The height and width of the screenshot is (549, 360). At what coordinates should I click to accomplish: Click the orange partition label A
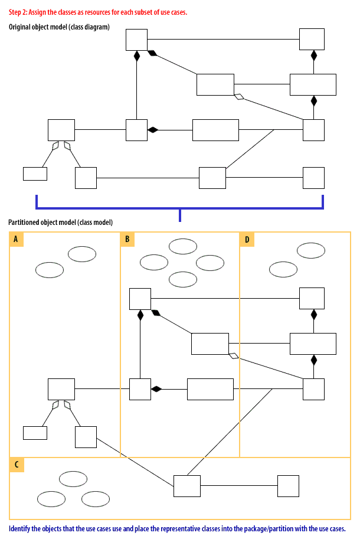click(17, 239)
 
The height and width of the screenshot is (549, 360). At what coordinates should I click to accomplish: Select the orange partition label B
click(127, 239)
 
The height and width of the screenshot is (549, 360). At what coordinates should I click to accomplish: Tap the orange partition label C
click(17, 465)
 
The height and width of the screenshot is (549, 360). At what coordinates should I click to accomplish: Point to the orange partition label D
click(247, 239)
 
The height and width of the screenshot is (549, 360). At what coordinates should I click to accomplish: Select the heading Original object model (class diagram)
click(59, 27)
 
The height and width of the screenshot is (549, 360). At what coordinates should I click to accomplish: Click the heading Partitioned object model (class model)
click(61, 222)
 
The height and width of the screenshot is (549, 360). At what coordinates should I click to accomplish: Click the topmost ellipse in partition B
click(183, 246)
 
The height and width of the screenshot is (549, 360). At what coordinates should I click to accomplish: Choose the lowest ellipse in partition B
click(183, 279)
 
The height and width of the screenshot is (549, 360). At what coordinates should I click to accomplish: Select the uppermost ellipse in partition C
click(73, 479)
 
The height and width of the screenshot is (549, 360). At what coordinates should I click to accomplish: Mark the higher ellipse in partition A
click(82, 254)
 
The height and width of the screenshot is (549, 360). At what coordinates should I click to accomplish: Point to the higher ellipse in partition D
click(311, 250)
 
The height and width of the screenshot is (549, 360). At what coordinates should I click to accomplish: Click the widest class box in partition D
click(313, 344)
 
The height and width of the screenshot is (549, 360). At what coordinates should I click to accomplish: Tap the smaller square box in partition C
click(288, 486)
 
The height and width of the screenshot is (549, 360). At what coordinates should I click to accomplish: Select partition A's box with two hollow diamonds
click(61, 389)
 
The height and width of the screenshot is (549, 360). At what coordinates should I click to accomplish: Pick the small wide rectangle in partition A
click(35, 432)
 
